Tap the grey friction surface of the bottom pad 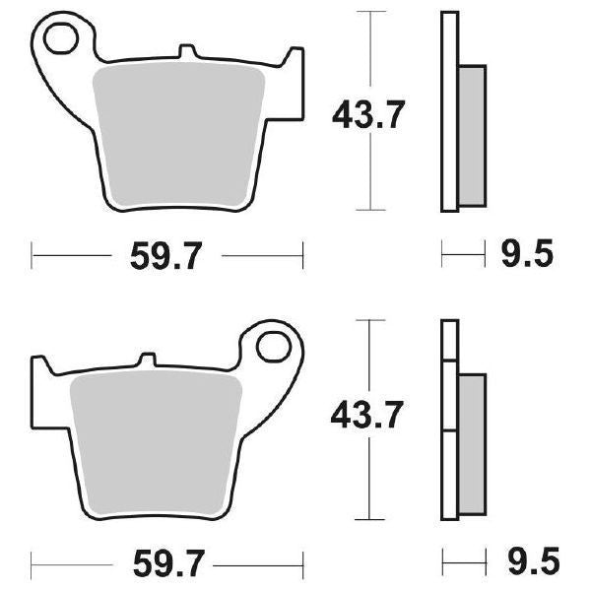158,438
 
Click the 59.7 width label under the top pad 166,257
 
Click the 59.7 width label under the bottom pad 166,566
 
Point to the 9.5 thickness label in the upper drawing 527,257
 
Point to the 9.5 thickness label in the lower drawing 527,566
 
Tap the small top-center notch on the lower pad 149,361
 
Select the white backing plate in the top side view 449,108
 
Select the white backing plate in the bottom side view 449,424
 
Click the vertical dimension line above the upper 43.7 369,49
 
